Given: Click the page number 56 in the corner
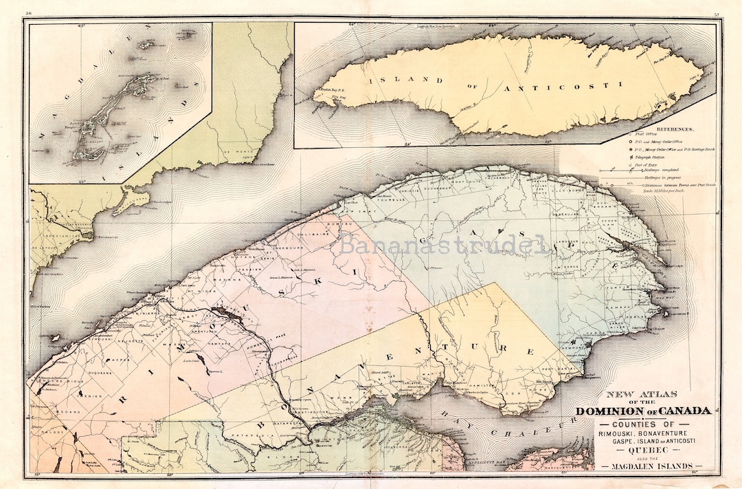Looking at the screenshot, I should [29, 13].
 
